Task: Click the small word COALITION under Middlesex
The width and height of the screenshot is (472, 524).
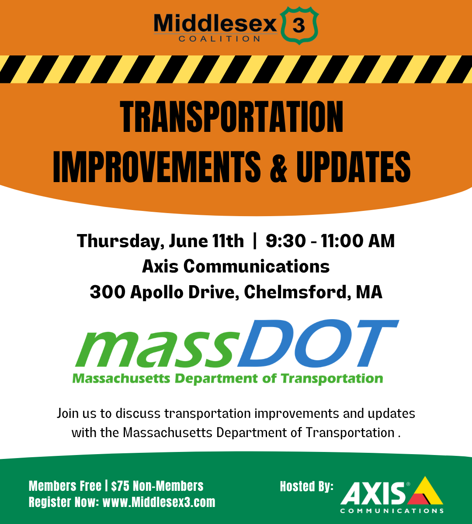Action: tap(219, 38)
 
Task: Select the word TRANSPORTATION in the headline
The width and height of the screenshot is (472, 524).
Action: tap(232, 117)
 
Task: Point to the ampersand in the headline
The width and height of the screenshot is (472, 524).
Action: tap(278, 167)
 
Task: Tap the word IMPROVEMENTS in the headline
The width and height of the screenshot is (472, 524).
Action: tap(156, 167)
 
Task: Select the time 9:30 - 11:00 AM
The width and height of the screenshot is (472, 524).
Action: tap(330, 241)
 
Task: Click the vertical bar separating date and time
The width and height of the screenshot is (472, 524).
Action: tap(255, 241)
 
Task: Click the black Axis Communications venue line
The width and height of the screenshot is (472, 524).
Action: tap(236, 266)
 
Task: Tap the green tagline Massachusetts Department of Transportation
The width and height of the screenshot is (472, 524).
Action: tap(227, 378)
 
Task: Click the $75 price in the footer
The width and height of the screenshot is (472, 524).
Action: tap(121, 486)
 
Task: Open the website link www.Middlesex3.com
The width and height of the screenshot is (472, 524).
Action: tap(159, 502)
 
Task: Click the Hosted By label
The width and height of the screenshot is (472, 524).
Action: tap(306, 486)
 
